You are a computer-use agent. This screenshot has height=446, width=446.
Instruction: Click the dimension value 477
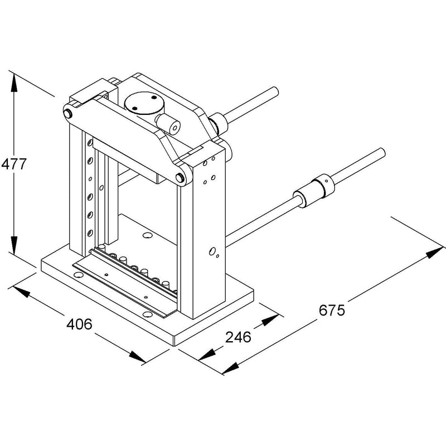(13, 164)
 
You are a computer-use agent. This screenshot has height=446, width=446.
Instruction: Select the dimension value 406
(79, 324)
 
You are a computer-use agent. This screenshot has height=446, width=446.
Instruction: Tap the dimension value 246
(238, 337)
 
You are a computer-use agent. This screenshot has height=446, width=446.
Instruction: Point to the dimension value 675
(332, 310)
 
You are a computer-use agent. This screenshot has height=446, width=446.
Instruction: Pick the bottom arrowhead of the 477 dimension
(13, 245)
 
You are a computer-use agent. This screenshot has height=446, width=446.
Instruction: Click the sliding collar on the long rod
(314, 190)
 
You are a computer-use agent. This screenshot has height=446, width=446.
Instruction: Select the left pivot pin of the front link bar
(67, 114)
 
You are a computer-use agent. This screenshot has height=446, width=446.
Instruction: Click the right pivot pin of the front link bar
(179, 177)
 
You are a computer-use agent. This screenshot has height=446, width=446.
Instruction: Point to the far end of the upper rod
(274, 91)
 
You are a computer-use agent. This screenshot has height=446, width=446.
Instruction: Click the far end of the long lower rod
(381, 153)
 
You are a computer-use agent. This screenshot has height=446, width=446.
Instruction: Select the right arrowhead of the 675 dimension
(435, 253)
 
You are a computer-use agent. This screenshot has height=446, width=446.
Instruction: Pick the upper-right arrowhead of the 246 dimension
(270, 320)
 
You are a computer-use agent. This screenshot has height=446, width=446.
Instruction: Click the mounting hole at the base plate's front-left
(77, 274)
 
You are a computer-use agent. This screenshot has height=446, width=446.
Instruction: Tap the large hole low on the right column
(212, 251)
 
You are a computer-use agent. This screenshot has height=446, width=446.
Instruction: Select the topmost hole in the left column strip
(90, 142)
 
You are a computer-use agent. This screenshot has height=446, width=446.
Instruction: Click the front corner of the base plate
(174, 346)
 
